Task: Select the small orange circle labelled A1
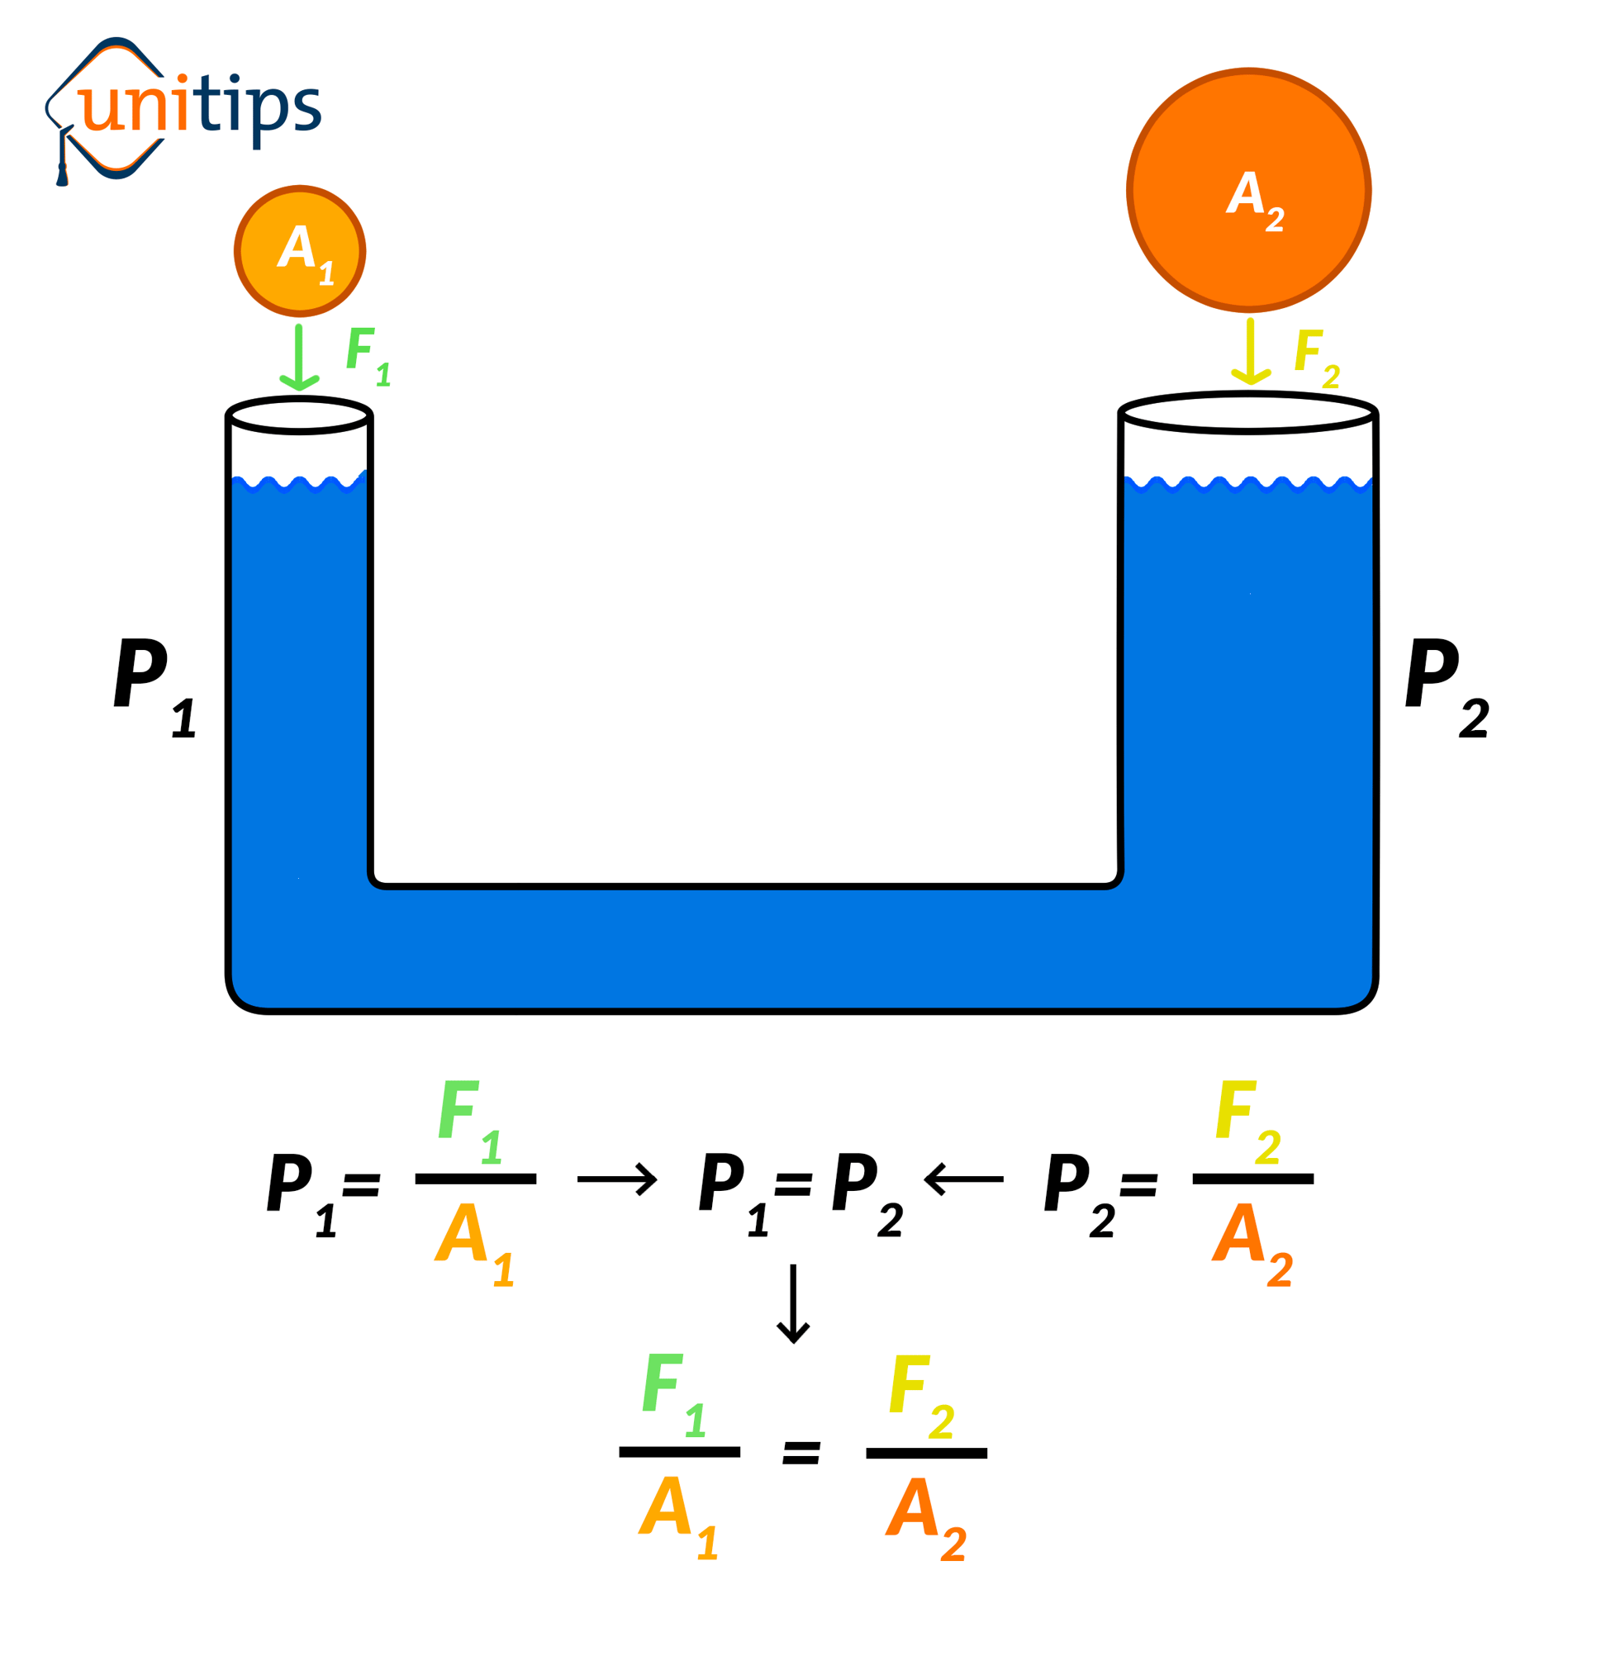point(300,250)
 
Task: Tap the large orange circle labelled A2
point(1248,190)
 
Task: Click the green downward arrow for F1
point(299,358)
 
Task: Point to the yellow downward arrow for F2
point(1250,352)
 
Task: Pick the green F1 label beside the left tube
point(367,356)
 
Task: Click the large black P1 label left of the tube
point(154,686)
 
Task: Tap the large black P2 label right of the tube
point(1446,686)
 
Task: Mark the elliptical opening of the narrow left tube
point(299,416)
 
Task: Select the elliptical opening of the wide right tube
point(1247,414)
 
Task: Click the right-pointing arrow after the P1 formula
point(616,1179)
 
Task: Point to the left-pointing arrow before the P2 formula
point(963,1179)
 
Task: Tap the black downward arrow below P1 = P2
point(793,1302)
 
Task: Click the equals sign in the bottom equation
point(801,1453)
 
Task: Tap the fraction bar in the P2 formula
point(1252,1179)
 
